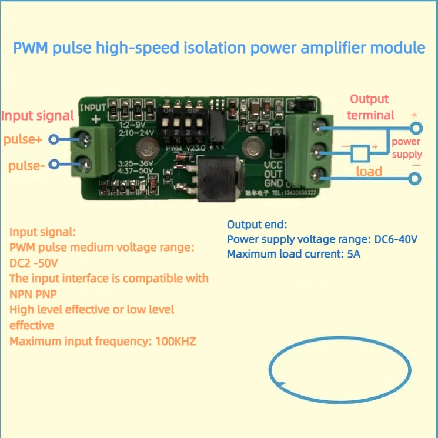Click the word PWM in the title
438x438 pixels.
coord(30,48)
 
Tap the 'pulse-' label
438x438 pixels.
coord(26,165)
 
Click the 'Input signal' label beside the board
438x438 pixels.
coord(37,115)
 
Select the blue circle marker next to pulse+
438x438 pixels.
coord(54,139)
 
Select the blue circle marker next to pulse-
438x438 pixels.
coord(54,165)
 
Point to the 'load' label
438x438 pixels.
coord(369,171)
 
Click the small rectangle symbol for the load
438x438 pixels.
coord(360,155)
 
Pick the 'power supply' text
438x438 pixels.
coord(407,148)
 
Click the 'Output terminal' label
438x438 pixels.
coord(370,107)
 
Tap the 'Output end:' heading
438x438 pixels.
coord(257,225)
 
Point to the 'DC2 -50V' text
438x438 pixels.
coord(34,262)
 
